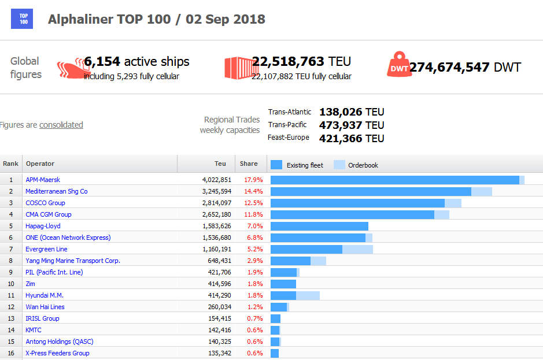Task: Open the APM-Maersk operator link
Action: tap(43, 180)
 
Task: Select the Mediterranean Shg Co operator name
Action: tap(57, 191)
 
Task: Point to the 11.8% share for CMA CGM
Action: tap(253, 214)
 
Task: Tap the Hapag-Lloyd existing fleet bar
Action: tap(319, 226)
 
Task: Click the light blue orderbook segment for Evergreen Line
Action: tap(357, 249)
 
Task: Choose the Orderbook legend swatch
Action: tap(339, 165)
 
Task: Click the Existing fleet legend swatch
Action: tap(276, 165)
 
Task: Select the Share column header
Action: tap(249, 164)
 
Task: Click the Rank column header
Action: tap(11, 164)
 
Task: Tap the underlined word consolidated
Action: tap(61, 125)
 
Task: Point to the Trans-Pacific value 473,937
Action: tap(341, 125)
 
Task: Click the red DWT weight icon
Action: tap(398, 65)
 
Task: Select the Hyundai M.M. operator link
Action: tap(45, 295)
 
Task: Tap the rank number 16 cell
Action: tap(11, 353)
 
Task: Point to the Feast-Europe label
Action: tap(289, 138)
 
